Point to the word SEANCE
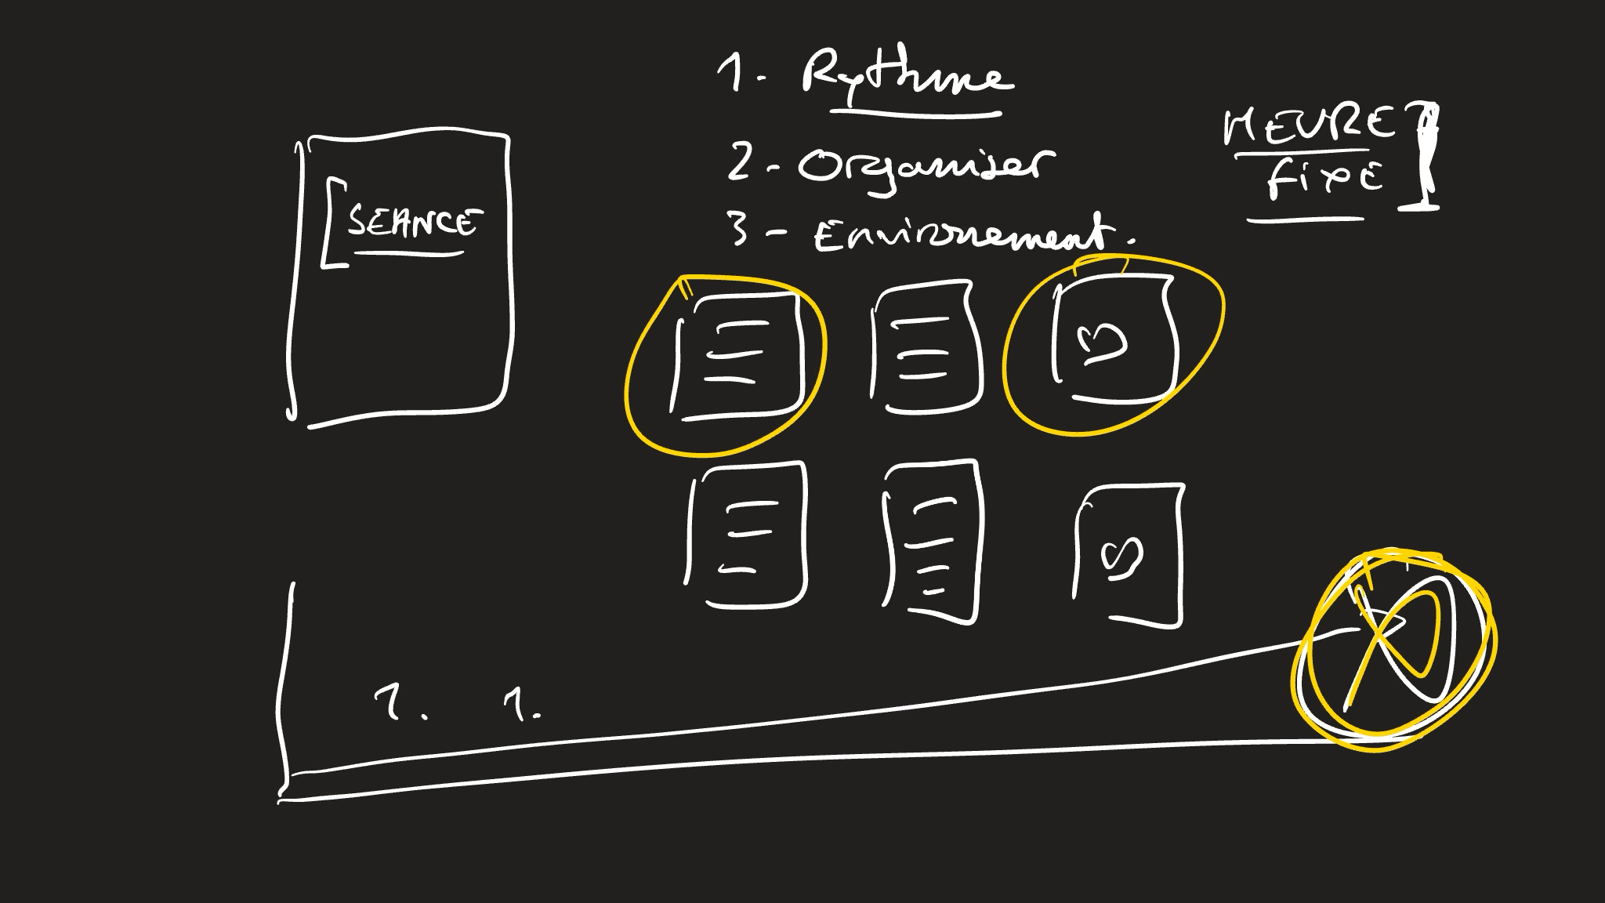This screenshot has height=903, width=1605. (411, 223)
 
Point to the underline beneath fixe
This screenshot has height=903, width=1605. (1305, 221)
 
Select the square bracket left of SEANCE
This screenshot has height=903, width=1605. (329, 223)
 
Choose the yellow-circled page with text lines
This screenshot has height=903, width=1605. (737, 357)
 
